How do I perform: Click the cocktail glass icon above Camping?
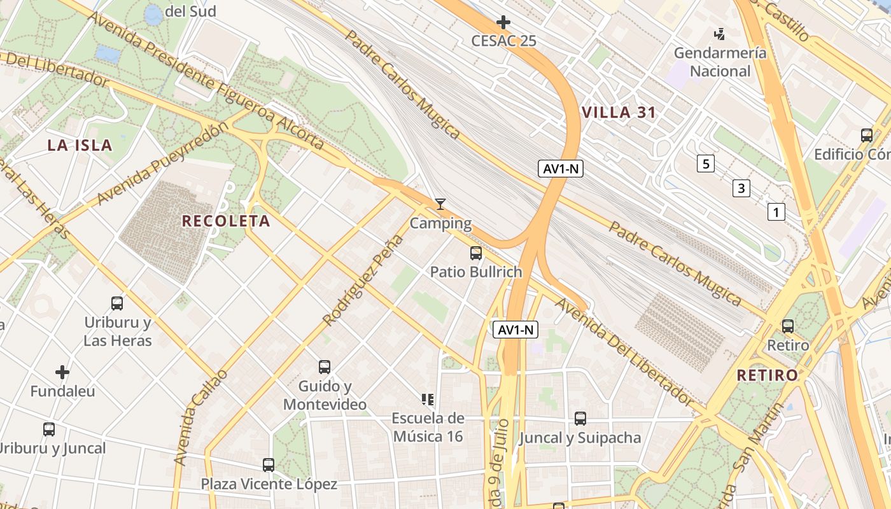440,204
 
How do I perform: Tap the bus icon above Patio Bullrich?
475,253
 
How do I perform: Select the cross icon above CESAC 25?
503,22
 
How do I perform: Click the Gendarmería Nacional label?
720,62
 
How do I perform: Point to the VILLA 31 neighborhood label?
619,113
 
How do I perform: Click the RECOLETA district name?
226,221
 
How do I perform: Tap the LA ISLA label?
80,145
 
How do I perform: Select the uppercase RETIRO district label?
767,375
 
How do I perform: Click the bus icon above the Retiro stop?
788,326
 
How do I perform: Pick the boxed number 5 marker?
705,164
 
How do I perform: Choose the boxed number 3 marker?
741,188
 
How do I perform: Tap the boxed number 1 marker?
776,212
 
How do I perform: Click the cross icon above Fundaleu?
62,372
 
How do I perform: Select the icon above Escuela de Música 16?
428,400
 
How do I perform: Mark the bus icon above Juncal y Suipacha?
580,419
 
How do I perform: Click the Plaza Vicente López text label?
269,484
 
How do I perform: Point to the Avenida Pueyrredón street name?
162,164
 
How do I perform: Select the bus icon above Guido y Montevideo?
325,367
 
